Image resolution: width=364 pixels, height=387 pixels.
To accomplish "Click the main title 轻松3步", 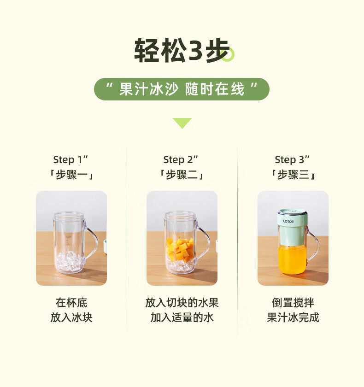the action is tap(182, 50).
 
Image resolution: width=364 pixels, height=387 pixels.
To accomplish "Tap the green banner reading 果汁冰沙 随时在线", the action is tap(182, 89).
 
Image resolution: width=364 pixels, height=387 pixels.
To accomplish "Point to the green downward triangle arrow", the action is tap(182, 123).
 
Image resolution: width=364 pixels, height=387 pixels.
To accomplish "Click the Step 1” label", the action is tap(70, 160).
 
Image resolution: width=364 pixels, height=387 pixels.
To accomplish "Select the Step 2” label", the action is tap(181, 160).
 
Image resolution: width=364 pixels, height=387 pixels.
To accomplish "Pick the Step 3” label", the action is tap(292, 160).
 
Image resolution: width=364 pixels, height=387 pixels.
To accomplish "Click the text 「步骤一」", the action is tap(71, 175).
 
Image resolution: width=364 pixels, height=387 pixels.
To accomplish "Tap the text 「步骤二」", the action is tap(182, 175).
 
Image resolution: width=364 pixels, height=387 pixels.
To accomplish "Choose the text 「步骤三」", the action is tap(293, 175).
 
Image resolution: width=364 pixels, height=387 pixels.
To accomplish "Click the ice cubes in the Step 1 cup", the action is tap(69, 261).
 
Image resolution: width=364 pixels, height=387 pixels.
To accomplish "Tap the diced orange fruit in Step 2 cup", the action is tap(180, 250).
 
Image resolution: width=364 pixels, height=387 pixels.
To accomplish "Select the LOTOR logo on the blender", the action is tap(288, 222).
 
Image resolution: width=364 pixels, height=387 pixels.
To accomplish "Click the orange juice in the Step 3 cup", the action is tap(292, 260).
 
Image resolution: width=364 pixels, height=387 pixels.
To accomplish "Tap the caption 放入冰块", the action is tap(71, 317).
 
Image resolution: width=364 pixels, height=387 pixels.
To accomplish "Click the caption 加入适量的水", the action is tap(182, 317).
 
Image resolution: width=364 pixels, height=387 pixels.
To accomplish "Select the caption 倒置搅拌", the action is tap(293, 303).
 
